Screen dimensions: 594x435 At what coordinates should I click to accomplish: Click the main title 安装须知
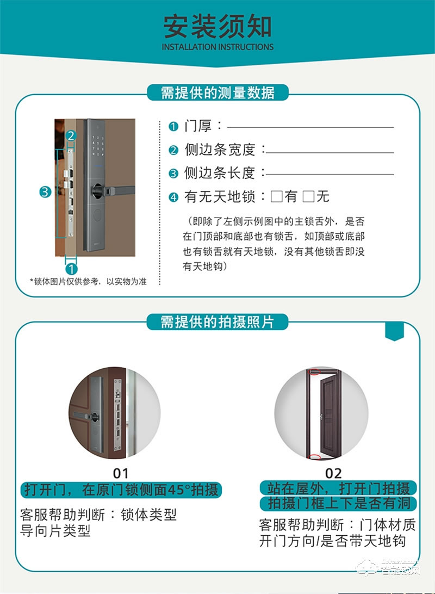tap(217, 26)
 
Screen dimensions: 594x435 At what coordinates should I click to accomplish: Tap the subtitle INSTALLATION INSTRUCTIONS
tap(217, 47)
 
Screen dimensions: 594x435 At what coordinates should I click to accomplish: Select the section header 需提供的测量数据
tap(217, 92)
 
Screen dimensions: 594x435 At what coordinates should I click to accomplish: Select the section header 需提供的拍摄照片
tap(217, 321)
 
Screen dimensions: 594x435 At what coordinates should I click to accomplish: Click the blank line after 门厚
tap(310, 127)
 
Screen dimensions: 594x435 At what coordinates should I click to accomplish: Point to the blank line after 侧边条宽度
tap(330, 152)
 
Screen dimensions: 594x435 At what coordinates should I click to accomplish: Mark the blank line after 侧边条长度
tap(330, 174)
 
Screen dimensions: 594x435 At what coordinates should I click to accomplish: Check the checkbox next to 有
tap(277, 196)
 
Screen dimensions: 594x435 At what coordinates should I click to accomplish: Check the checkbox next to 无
tap(308, 196)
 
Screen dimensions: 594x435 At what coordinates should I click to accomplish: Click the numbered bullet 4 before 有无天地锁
tap(173, 197)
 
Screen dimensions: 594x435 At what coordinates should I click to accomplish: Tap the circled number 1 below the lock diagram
tap(71, 268)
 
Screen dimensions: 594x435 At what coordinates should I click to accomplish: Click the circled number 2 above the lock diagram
tap(72, 135)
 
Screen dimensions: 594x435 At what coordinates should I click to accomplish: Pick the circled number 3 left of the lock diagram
tap(45, 191)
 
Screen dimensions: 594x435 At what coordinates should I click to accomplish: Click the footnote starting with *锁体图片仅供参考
tap(88, 281)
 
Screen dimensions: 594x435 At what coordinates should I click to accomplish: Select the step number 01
tap(120, 472)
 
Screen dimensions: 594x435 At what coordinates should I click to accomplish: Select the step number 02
tap(333, 472)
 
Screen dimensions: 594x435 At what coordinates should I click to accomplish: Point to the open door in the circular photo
tap(330, 413)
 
